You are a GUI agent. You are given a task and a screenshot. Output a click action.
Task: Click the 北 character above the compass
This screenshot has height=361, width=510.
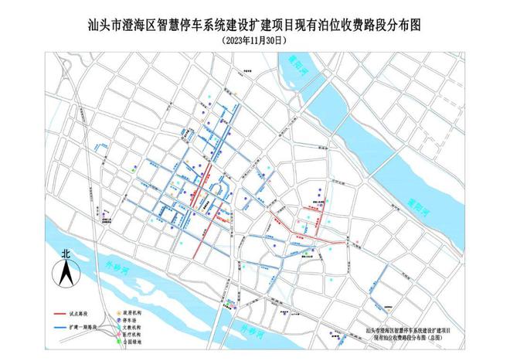(x=66, y=253)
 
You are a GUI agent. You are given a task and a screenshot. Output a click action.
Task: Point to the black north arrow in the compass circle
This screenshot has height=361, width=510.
(x=66, y=272)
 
